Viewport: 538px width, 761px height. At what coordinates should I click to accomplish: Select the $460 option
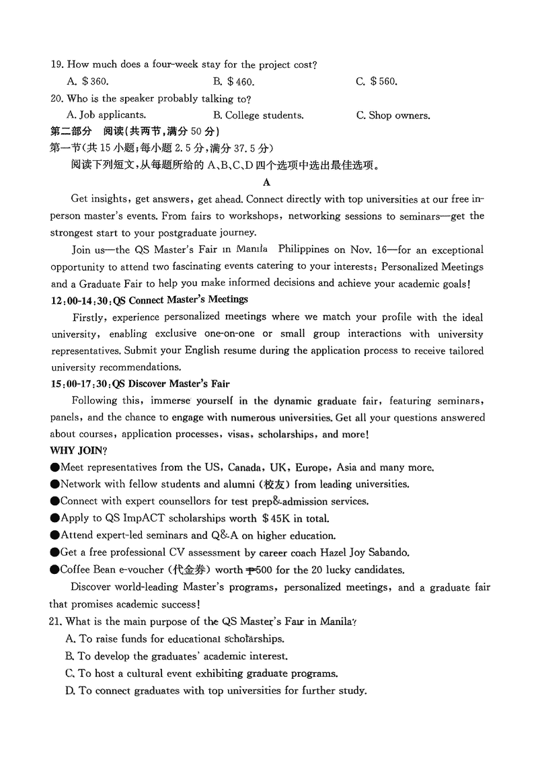(x=241, y=82)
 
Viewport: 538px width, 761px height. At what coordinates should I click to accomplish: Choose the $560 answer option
(x=384, y=82)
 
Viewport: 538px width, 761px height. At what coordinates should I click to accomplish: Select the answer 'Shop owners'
(x=399, y=115)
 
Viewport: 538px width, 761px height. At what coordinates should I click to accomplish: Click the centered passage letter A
(x=267, y=182)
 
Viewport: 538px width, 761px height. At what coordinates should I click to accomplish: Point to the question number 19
(x=56, y=65)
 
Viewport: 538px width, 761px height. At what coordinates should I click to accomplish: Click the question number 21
(x=56, y=621)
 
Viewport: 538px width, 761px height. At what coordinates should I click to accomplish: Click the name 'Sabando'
(x=385, y=552)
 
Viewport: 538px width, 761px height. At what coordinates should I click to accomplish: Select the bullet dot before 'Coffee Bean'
(x=54, y=570)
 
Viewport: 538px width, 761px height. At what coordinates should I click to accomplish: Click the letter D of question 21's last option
(x=69, y=690)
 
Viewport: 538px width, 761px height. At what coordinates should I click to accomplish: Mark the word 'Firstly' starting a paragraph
(x=88, y=316)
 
